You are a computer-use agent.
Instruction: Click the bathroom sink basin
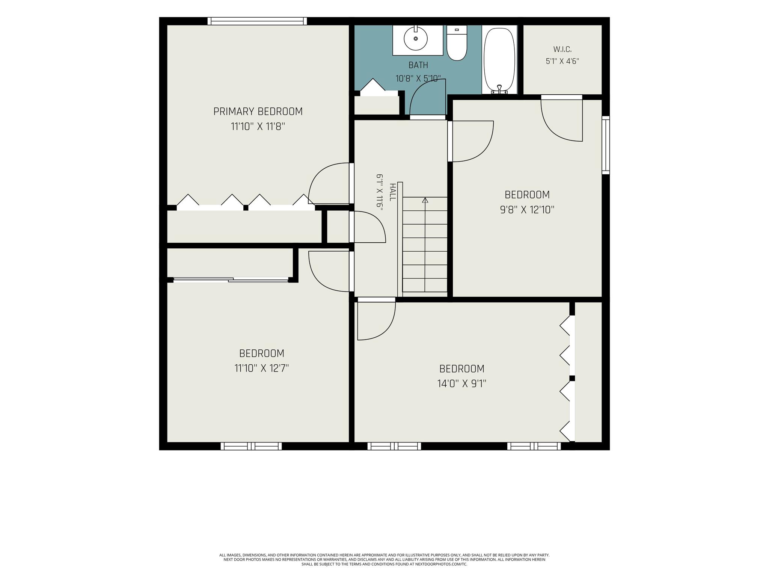416,38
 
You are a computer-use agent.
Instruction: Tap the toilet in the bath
457,43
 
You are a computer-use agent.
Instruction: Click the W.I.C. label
562,49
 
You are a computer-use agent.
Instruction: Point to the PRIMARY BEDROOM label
258,112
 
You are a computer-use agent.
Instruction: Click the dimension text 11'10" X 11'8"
258,127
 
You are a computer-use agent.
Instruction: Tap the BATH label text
418,65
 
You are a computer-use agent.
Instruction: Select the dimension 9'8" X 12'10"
527,210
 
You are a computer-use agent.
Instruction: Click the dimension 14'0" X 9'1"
462,384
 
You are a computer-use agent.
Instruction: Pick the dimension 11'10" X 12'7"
262,368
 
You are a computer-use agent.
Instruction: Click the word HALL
393,192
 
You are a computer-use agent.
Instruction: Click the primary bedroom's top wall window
257,21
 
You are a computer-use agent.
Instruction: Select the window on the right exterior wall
606,145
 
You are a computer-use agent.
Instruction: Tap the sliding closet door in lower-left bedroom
231,279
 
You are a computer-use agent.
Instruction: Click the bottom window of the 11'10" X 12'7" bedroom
251,446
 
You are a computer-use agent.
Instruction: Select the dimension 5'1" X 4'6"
562,61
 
